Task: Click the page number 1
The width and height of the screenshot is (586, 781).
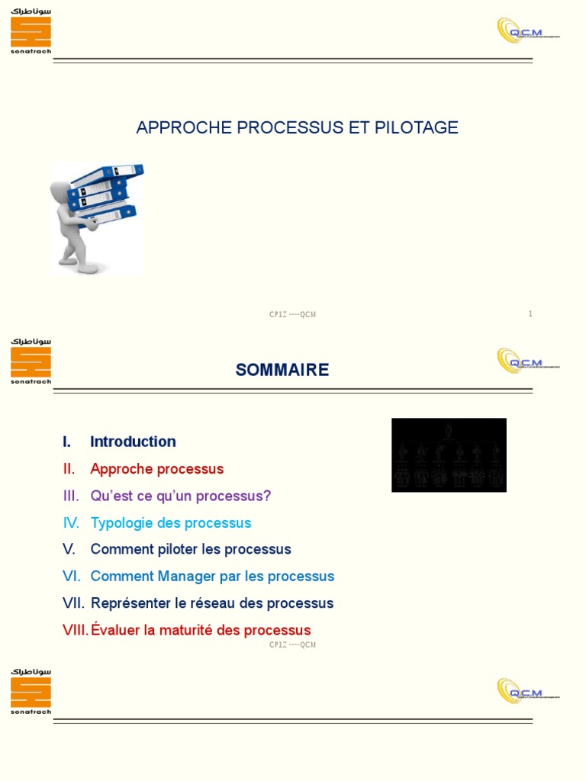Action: (x=530, y=313)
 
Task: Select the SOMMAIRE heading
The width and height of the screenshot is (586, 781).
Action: (x=282, y=370)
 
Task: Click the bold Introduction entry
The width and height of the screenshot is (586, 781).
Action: (x=133, y=442)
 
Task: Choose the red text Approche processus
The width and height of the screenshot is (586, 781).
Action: (x=156, y=469)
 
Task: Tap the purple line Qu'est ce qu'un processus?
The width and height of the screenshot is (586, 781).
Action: (x=180, y=496)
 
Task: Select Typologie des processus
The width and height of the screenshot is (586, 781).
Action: (x=170, y=523)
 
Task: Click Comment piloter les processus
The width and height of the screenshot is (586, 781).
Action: (x=191, y=549)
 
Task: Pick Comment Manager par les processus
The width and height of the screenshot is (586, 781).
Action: (x=212, y=577)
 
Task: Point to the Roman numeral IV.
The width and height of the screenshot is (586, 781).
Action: (x=71, y=523)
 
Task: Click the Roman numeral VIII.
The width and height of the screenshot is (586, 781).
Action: (x=76, y=631)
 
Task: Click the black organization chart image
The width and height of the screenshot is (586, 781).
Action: (x=449, y=455)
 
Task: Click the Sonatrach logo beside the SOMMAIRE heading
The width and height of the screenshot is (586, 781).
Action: (x=31, y=362)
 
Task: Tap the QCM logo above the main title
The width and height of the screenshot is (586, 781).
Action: (x=527, y=31)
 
